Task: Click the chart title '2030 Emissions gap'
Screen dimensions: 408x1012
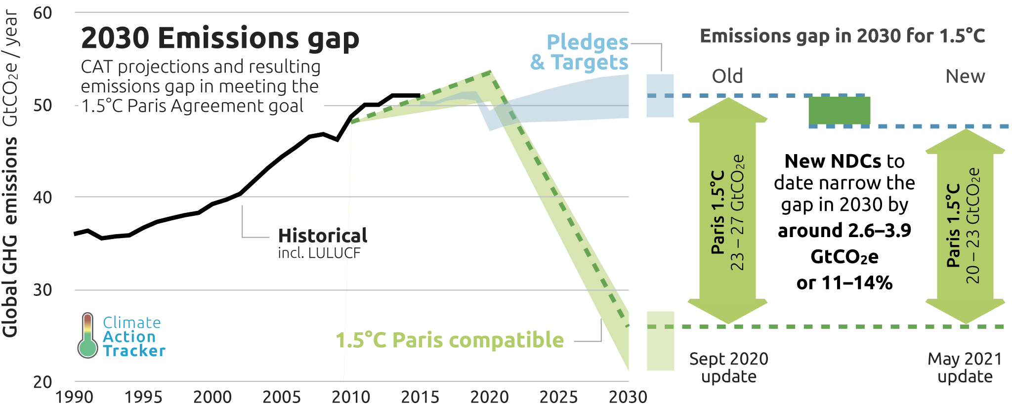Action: click(220, 39)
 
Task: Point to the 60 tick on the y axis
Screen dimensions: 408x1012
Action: click(42, 13)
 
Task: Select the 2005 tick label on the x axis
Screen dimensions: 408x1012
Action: click(282, 397)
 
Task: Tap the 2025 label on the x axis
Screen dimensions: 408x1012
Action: click(558, 397)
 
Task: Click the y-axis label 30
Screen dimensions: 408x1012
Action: click(42, 289)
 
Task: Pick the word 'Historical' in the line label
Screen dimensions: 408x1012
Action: click(323, 236)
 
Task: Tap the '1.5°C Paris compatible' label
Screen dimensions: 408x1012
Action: click(450, 340)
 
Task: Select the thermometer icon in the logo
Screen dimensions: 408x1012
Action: click(87, 335)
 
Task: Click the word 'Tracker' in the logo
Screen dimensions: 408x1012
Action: click(134, 351)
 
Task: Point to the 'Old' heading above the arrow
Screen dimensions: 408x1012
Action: click(727, 76)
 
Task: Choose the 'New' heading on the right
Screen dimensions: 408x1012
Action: click(965, 76)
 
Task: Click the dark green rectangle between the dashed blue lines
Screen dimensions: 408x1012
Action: click(839, 111)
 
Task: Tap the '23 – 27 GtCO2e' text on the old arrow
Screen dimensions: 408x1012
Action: click(737, 212)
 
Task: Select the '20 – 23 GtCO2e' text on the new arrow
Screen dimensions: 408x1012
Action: click(973, 225)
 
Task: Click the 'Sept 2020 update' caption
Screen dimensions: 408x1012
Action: click(729, 367)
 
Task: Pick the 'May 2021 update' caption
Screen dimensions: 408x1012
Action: click(965, 367)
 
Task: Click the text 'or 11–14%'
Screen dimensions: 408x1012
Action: click(844, 283)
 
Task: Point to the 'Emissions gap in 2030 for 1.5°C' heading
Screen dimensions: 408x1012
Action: click(843, 36)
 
